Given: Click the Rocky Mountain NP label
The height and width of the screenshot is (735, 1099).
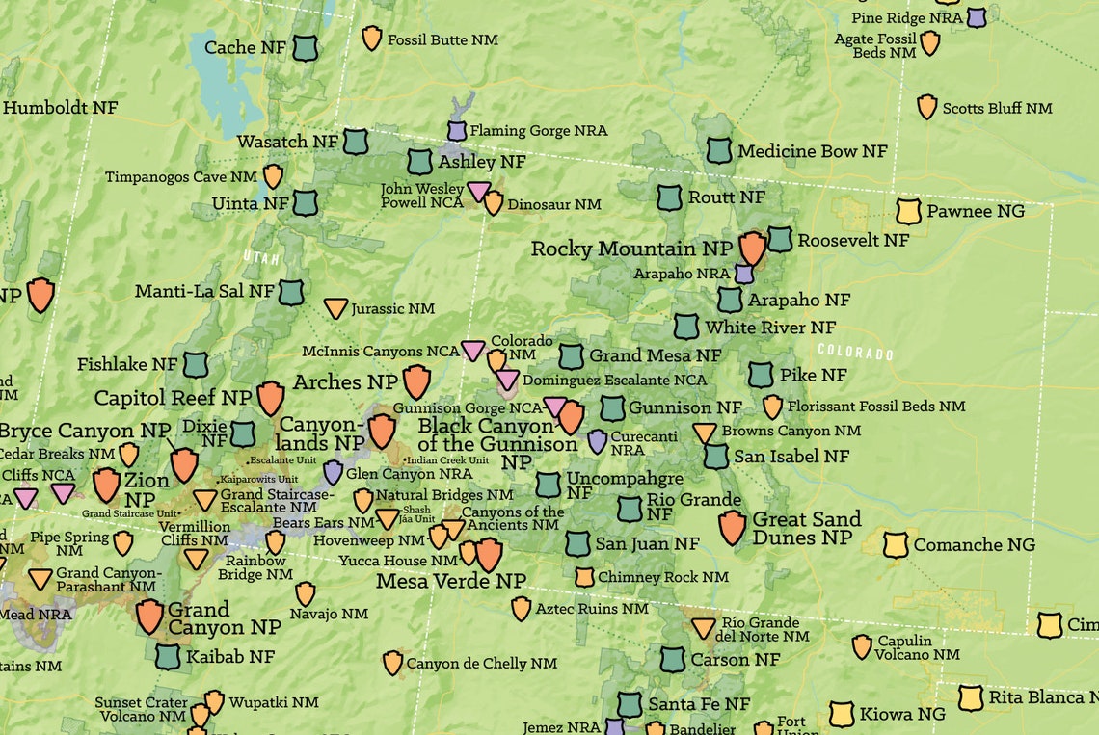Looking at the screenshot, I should [631, 249].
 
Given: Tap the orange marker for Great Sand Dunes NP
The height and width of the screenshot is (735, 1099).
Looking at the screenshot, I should [733, 528].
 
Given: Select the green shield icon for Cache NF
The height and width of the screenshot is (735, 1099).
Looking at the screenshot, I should [306, 47].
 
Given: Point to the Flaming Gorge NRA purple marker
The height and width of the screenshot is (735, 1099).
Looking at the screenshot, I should [457, 130].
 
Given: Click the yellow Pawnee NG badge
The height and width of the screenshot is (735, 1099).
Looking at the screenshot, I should [908, 211].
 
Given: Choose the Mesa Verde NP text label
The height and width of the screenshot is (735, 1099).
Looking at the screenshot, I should [451, 581].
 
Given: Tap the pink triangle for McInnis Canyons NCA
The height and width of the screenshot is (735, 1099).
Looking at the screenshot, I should [472, 351].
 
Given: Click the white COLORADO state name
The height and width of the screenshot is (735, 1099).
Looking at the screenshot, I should [855, 353].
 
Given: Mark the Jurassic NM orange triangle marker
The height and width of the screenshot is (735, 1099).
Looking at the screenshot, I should [335, 308].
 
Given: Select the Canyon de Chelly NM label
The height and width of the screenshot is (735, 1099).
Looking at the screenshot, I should [481, 664].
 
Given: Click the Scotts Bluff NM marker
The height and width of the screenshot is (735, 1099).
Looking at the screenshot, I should [926, 107].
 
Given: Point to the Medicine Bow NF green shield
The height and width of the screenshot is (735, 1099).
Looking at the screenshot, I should [719, 150].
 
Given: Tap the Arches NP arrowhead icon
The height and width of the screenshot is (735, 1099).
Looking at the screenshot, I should [416, 381].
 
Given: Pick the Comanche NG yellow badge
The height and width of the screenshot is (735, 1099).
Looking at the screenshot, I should [896, 544].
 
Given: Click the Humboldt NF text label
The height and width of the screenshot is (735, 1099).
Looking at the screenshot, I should [60, 108].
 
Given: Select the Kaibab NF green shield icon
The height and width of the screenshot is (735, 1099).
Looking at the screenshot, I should [168, 657].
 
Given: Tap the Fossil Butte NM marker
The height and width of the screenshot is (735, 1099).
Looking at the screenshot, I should [371, 39].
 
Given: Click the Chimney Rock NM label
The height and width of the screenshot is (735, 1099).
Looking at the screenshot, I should [662, 577].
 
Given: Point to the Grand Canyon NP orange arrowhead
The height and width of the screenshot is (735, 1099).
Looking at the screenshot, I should [149, 616].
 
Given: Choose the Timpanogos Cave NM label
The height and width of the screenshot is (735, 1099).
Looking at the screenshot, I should [181, 177].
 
